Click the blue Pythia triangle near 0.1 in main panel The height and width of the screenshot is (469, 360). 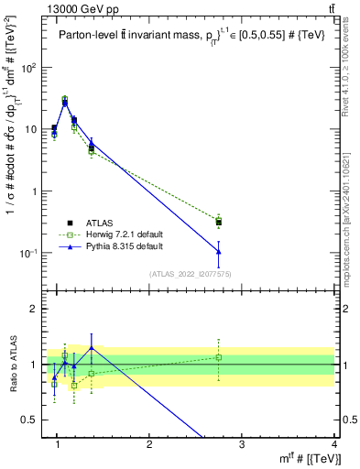(218, 251)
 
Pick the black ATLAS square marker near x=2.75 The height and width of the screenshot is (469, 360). (218, 222)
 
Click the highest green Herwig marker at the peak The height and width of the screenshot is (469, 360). (64, 99)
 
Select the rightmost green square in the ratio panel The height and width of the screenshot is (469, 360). (218, 357)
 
